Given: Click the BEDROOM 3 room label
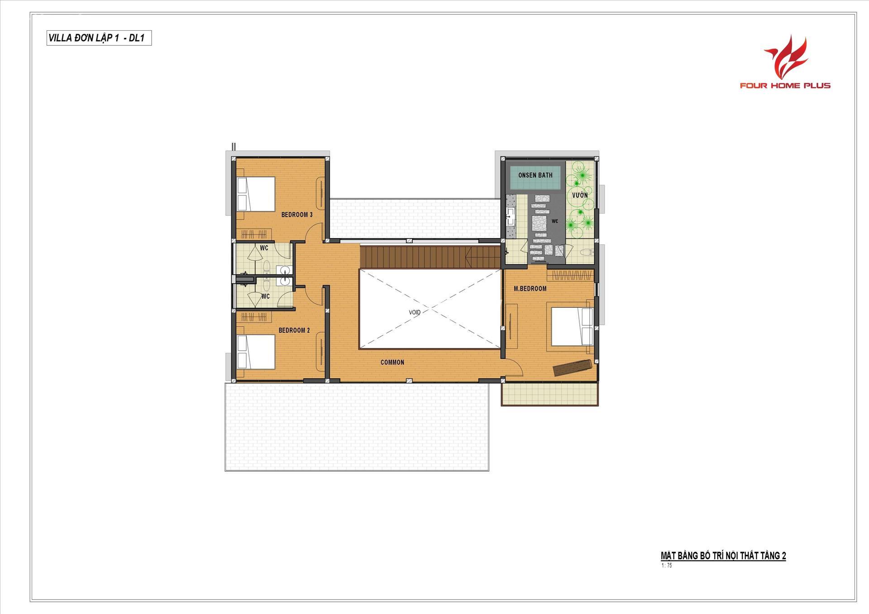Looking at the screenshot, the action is (x=297, y=214).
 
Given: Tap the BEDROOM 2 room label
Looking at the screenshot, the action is (x=294, y=330).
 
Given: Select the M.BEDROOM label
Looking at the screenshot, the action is (x=530, y=288).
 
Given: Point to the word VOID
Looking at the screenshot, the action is (x=415, y=312).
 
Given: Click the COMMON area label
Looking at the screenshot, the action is (x=392, y=362).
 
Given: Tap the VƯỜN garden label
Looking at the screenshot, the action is (x=580, y=195).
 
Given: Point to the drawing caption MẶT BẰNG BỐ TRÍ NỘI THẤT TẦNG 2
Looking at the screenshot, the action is (x=723, y=556).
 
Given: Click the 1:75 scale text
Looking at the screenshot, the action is (x=666, y=565).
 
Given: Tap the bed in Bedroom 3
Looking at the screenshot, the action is (x=256, y=193).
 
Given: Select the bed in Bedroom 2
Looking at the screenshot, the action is (x=256, y=352).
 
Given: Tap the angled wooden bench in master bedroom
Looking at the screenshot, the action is (x=573, y=367).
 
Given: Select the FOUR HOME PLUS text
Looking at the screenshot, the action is (x=785, y=85).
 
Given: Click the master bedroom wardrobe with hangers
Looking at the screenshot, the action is (x=570, y=275).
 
